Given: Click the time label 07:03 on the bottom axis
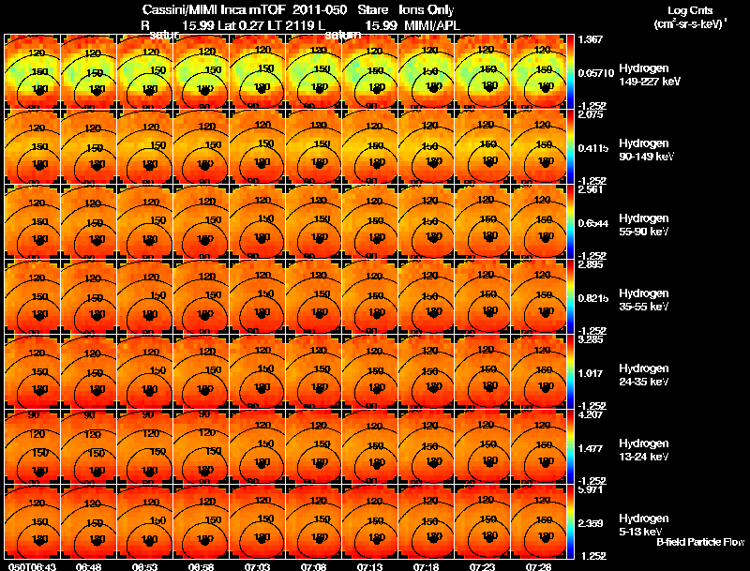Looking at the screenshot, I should [x=258, y=566].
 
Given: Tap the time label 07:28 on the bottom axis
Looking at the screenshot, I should [x=538, y=566].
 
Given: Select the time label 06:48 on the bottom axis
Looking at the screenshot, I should [x=89, y=566].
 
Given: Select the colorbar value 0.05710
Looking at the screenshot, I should [x=593, y=71].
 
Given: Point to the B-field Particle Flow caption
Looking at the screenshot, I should [x=699, y=542].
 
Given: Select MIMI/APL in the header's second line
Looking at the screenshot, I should [x=437, y=24].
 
